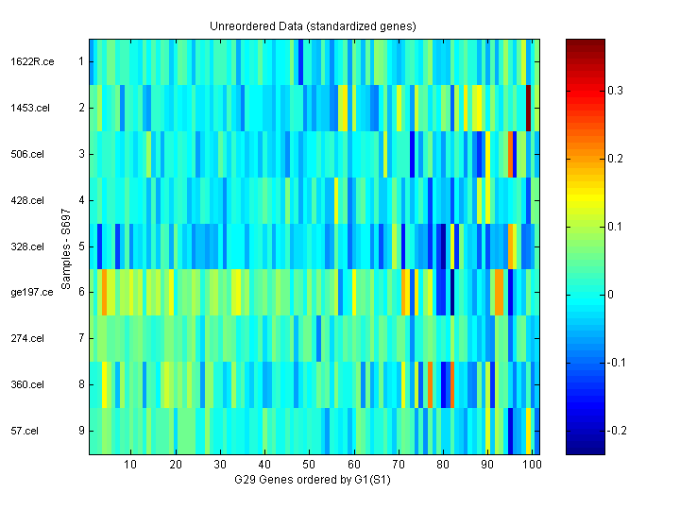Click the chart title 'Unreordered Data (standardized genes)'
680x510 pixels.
313,25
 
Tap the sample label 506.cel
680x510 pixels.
27,154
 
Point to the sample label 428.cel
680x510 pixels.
27,200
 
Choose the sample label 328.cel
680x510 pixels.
27,246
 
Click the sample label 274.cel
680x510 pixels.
27,338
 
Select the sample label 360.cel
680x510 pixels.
27,384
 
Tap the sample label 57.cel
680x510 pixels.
25,431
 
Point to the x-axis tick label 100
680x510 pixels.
532,465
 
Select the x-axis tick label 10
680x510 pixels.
130,465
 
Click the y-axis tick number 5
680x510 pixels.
80,246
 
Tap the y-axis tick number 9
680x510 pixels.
80,431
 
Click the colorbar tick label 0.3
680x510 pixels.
615,91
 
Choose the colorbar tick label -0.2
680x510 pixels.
617,431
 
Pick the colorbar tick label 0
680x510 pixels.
611,295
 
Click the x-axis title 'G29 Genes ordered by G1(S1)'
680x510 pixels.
313,481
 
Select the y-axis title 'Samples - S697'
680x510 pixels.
65,246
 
